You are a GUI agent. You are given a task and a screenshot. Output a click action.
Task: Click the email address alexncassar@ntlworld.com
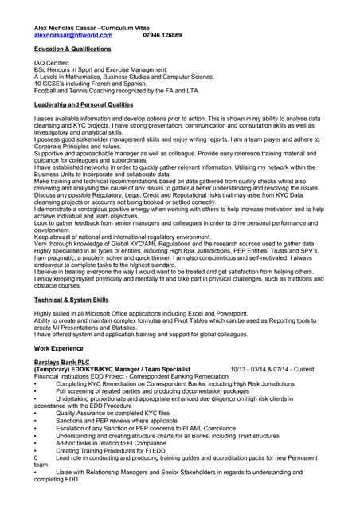73,36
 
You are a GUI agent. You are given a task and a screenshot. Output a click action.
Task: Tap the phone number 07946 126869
162,36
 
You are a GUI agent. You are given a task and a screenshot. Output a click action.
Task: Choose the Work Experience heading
59,349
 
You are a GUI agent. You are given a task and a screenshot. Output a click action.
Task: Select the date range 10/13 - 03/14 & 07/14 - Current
272,369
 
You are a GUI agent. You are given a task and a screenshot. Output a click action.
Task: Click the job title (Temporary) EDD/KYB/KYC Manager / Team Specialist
112,369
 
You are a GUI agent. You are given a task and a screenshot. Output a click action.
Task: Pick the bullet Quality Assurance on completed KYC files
112,414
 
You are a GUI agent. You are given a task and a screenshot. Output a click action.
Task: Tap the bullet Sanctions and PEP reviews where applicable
116,421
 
